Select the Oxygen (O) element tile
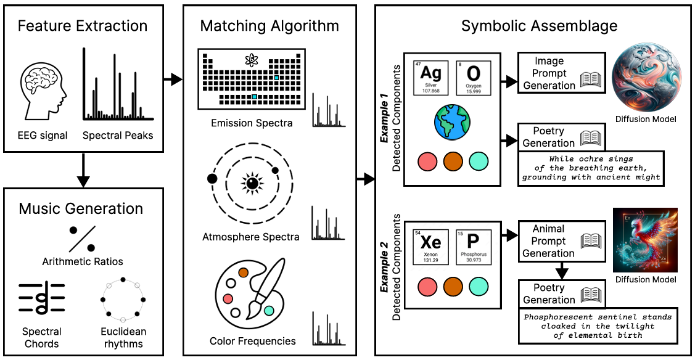coord(474,77)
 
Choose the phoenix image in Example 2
coord(645,240)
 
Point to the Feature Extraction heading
coord(83,26)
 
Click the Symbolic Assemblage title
coord(539,26)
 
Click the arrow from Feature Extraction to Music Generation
coord(83,170)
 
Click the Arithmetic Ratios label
coord(83,261)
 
